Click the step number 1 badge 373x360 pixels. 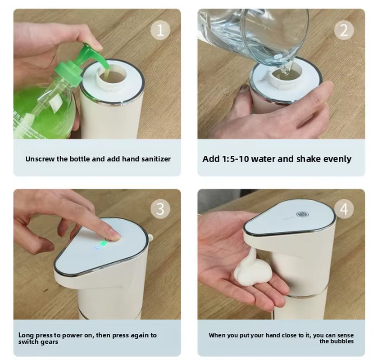point(160,30)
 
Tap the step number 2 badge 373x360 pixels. point(344,30)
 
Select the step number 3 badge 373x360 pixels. point(160,209)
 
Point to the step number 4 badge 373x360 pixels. point(344,209)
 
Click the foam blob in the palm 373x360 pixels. point(251,270)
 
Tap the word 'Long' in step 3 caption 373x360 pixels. point(26,335)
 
